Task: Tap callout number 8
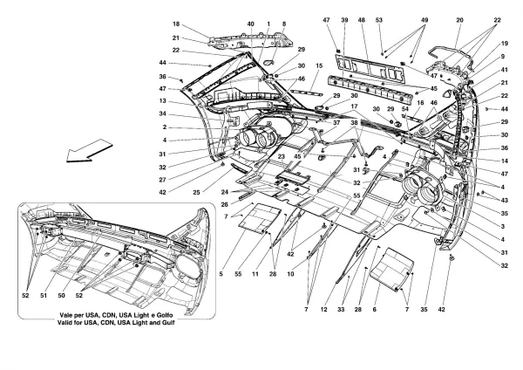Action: tap(282, 24)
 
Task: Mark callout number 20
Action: tap(458, 20)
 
